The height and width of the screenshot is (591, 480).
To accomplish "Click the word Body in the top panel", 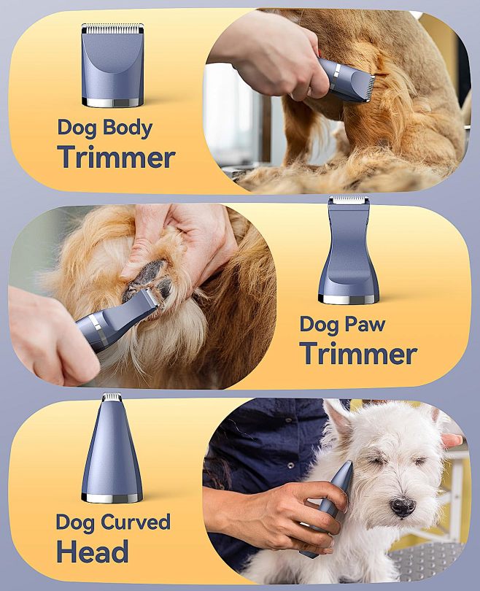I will click(128, 128).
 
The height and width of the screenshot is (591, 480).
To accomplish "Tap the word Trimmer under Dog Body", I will click(117, 157).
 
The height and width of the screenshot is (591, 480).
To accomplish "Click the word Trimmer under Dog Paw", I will click(358, 353).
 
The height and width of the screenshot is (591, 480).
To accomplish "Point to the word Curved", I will click(134, 522).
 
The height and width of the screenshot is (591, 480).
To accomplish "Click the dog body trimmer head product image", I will click(112, 65).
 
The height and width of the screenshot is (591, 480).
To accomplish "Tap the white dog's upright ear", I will click(337, 420).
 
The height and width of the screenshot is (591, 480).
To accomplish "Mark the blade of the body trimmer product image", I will click(112, 28).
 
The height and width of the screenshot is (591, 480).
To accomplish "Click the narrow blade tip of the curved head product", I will click(112, 398).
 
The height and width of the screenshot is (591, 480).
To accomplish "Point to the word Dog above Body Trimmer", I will click(77, 128).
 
